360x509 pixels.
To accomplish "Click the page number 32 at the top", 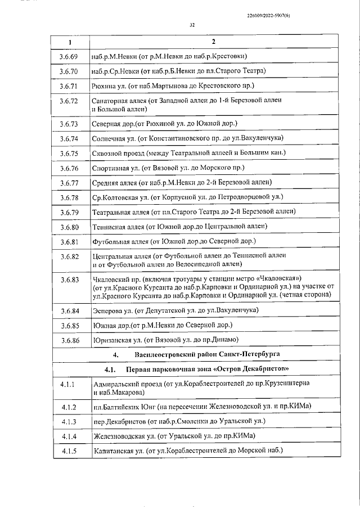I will click(192, 25).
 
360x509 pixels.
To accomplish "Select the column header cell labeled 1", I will click(70, 43).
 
